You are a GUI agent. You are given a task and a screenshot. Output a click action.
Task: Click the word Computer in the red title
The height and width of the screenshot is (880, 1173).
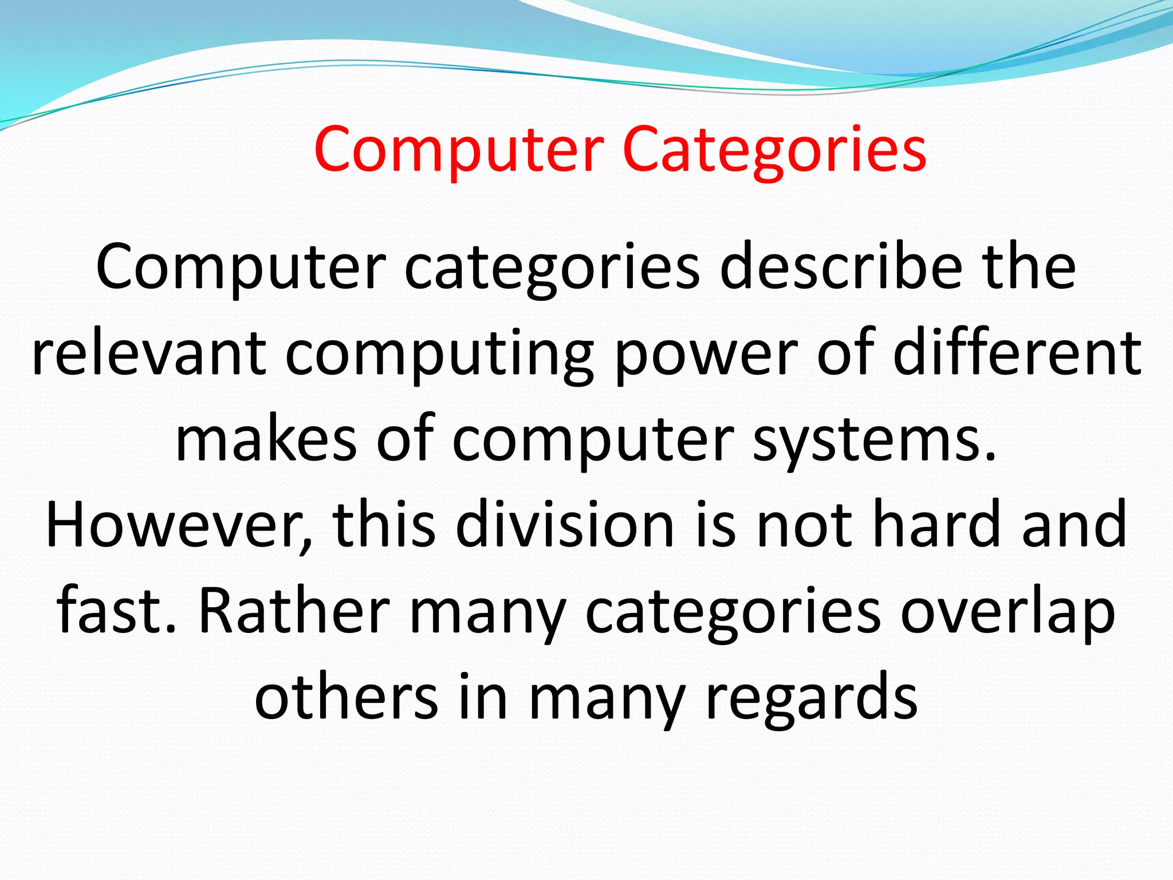tap(459, 150)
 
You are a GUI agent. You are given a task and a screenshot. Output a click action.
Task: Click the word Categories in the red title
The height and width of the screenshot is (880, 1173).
tap(774, 150)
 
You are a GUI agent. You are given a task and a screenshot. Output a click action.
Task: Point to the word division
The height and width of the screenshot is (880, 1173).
tap(564, 524)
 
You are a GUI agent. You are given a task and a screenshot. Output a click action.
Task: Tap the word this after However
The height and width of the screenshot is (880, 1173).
tap(384, 524)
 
